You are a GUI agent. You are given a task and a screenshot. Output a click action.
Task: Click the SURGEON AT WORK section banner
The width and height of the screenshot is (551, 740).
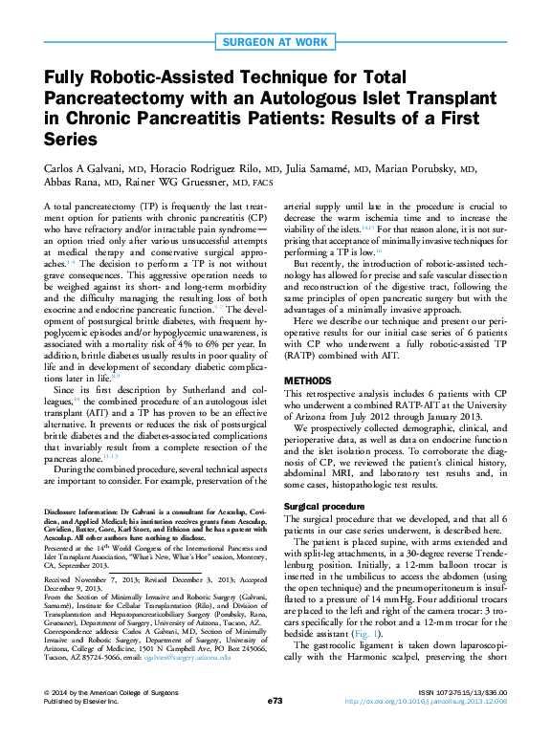(275, 41)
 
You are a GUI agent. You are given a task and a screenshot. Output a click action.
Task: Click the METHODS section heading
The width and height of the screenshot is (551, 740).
(308, 380)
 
